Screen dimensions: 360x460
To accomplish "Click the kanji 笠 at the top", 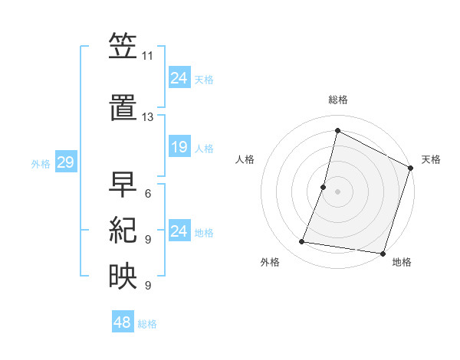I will pyautogui.click(x=123, y=47).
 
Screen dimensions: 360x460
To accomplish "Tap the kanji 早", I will pyautogui.click(x=123, y=185).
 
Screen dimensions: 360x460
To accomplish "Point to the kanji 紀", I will pyautogui.click(x=123, y=231).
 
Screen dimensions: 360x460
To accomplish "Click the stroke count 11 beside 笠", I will pyautogui.click(x=148, y=56).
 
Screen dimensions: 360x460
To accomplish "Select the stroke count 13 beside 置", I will pyautogui.click(x=148, y=117).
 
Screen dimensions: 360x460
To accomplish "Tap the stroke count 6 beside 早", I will pyautogui.click(x=147, y=194).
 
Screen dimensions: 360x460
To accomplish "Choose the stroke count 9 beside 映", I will pyautogui.click(x=147, y=286).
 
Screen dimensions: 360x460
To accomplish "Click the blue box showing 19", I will pyautogui.click(x=179, y=147).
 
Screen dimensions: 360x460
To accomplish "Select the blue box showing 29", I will pyautogui.click(x=64, y=162).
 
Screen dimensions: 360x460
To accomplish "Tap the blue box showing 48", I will pyautogui.click(x=122, y=323).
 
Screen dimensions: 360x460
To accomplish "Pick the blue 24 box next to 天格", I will pyautogui.click(x=179, y=78).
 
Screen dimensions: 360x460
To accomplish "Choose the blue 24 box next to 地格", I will pyautogui.click(x=179, y=231).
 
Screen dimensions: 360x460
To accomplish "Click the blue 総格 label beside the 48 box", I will pyautogui.click(x=147, y=324).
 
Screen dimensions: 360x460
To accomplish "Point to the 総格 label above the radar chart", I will pyautogui.click(x=338, y=100).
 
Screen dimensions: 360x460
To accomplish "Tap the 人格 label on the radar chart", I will pyautogui.click(x=245, y=159).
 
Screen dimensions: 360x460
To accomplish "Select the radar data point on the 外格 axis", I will pyautogui.click(x=302, y=242).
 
